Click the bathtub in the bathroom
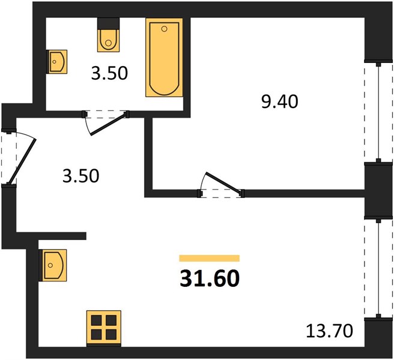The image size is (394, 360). click(164, 58)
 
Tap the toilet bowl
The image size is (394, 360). click(109, 41)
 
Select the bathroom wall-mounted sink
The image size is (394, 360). click(57, 62)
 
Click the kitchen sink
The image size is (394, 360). click(53, 265)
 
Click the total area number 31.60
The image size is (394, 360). click(210, 278)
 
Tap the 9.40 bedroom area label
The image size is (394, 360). click(280, 102)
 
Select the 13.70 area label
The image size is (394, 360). click(329, 331)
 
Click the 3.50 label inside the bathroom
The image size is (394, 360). click(109, 74)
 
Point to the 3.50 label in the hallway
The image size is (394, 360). click(81, 176)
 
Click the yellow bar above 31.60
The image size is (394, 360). click(209, 259)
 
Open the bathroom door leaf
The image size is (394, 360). click(109, 124)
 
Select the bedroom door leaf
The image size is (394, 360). click(223, 183)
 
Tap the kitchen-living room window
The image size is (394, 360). click(378, 269)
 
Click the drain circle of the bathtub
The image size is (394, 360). click(165, 29)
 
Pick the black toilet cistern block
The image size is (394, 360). click(109, 24)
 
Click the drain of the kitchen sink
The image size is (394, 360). click(50, 265)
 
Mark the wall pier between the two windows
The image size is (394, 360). click(378, 190)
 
